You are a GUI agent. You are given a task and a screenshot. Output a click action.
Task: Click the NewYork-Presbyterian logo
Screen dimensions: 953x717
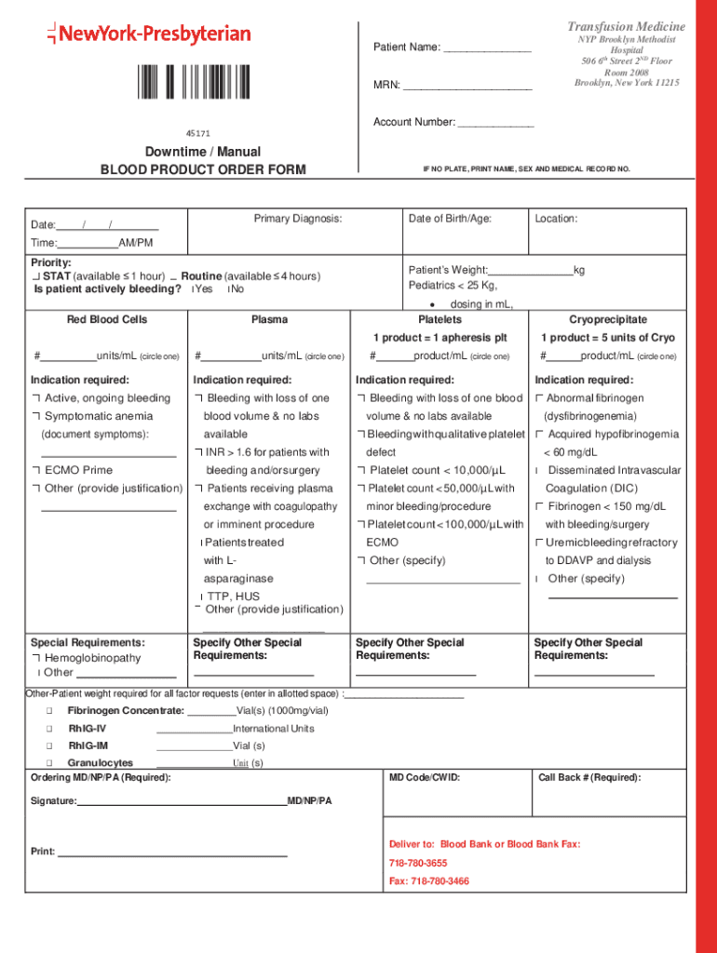[149, 34]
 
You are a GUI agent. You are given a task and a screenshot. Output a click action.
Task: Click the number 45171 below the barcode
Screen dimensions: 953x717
[196, 134]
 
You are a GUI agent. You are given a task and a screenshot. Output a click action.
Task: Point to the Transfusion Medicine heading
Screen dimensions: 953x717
[627, 26]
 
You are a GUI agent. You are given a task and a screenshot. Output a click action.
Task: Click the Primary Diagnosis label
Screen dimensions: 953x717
[298, 219]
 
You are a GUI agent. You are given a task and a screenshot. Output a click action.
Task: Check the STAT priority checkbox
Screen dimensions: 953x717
[35, 276]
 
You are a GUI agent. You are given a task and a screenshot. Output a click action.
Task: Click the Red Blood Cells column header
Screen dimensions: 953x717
[106, 319]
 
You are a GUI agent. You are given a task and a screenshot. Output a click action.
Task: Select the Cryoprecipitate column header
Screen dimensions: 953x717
[608, 319]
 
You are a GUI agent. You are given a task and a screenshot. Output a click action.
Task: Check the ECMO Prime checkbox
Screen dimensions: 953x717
[35, 470]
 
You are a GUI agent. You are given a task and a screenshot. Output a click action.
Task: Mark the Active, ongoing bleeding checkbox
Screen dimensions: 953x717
[35, 398]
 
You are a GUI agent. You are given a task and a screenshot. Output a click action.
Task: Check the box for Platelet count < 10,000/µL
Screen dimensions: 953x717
[360, 470]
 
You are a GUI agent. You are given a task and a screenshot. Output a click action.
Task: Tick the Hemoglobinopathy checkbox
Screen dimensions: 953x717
[35, 658]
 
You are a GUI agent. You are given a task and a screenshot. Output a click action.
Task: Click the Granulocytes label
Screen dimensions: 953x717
[100, 763]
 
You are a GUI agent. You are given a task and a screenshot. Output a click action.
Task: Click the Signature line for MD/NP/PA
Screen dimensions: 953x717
[182, 801]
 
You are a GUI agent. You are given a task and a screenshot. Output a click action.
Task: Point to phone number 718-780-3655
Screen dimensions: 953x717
[418, 863]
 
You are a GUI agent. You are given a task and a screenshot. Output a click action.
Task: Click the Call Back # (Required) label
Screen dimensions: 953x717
[589, 777]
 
